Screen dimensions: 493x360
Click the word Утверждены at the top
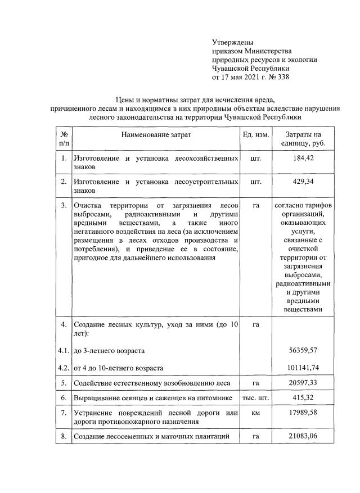(x=232, y=42)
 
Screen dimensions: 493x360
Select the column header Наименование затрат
(x=156, y=135)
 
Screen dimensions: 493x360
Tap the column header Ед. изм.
(x=256, y=135)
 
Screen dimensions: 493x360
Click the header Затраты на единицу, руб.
(x=303, y=139)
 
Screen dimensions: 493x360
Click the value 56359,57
(x=303, y=350)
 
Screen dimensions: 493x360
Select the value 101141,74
(x=303, y=368)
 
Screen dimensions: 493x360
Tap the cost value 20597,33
(x=303, y=383)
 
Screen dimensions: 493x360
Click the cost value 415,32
(x=303, y=398)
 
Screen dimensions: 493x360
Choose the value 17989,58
(x=303, y=413)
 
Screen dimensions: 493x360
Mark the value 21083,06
(x=303, y=436)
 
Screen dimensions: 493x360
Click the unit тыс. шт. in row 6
(x=256, y=398)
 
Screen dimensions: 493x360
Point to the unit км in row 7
(x=256, y=413)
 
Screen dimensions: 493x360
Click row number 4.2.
(x=64, y=368)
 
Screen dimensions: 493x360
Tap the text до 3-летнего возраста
(x=109, y=350)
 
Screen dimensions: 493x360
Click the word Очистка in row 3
(x=89, y=206)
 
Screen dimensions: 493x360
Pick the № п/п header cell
(x=64, y=139)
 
